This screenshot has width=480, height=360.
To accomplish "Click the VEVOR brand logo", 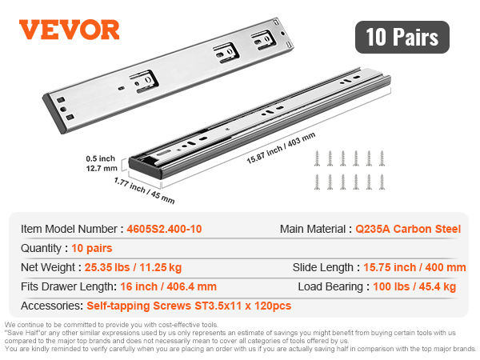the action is [69, 30].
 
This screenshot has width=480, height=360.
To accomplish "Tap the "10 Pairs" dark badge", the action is [402, 37].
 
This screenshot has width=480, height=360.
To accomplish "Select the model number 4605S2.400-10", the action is [164, 229].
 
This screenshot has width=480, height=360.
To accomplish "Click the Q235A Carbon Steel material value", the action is [408, 229].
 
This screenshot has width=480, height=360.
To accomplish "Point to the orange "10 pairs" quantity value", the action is [92, 248].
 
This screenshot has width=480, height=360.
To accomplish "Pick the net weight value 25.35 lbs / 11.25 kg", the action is [133, 267].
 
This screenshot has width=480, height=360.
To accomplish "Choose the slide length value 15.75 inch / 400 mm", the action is [414, 267].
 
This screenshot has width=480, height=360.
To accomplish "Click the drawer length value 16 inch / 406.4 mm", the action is [168, 287].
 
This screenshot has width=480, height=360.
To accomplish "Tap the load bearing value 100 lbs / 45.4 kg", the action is [414, 287].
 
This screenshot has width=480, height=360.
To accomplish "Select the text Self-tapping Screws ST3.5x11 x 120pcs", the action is [189, 306].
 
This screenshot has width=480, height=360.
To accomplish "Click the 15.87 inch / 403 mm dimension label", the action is [281, 148].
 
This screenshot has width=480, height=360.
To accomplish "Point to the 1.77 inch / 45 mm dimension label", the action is [145, 190].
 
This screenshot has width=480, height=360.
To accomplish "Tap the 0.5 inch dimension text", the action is [101, 158].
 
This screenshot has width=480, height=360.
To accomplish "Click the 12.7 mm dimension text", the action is [102, 168].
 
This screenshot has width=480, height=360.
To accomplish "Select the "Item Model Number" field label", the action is [69, 229].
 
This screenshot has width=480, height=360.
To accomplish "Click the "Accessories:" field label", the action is [52, 306].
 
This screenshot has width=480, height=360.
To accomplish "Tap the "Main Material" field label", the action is [313, 229].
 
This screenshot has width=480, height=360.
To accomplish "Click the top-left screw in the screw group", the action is [317, 158].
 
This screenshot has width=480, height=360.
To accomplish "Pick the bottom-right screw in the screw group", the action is [382, 182].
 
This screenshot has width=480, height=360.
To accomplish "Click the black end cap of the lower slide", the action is [145, 167].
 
